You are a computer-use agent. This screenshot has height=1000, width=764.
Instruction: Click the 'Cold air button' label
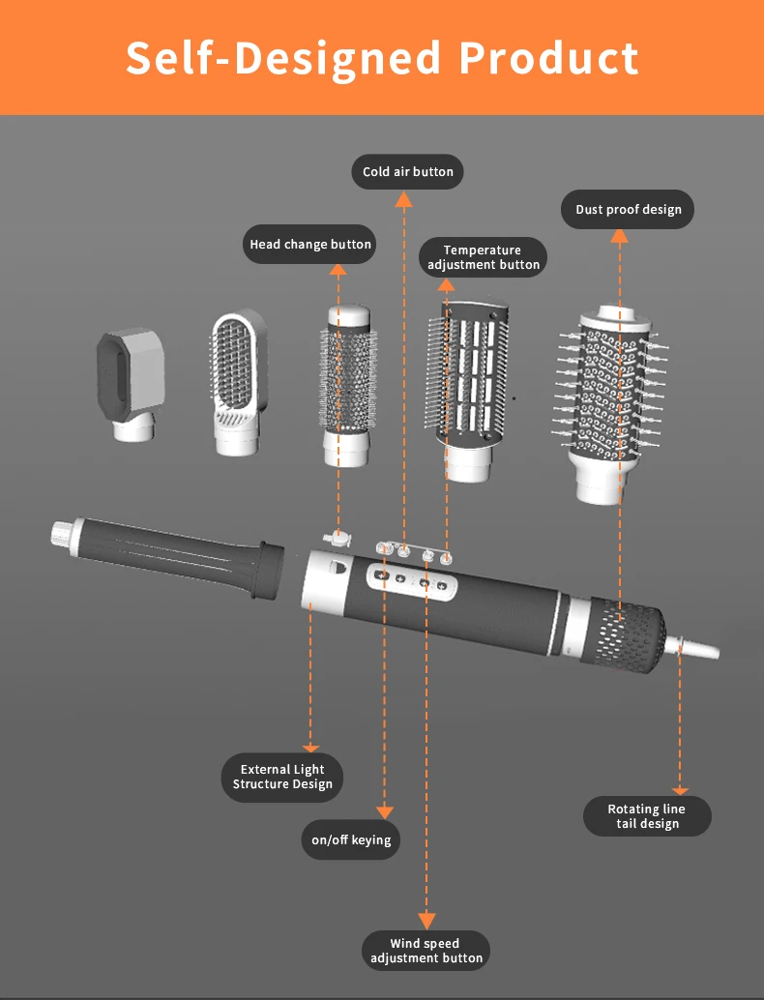[x=407, y=171]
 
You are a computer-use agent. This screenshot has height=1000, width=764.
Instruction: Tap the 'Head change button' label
[x=309, y=245]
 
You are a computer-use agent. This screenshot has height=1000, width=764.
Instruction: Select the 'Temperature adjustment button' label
[x=483, y=257]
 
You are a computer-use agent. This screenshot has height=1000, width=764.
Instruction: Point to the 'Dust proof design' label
[x=629, y=209]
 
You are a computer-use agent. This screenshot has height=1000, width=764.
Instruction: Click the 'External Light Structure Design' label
[x=281, y=777]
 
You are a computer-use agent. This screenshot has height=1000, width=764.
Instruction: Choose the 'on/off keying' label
[x=351, y=839]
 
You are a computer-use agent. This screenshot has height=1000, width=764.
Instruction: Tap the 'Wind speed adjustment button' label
[x=426, y=951]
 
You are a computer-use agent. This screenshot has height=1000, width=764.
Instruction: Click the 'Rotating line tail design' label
[x=647, y=816]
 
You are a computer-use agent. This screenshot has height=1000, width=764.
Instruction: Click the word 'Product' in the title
[x=548, y=58]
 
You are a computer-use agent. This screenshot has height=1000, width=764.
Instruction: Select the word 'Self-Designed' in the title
[x=283, y=59]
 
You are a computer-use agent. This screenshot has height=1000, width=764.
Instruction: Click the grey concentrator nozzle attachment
[x=132, y=384]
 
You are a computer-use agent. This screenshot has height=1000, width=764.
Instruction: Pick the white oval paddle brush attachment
[x=238, y=383]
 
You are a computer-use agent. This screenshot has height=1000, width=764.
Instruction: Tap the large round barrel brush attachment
[x=609, y=403]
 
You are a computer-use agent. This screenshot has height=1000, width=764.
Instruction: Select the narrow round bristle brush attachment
[x=347, y=386]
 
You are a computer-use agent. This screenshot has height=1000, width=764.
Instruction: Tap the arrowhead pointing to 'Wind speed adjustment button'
[x=426, y=921]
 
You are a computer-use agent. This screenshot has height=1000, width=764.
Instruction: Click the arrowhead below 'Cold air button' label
[x=403, y=199]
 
